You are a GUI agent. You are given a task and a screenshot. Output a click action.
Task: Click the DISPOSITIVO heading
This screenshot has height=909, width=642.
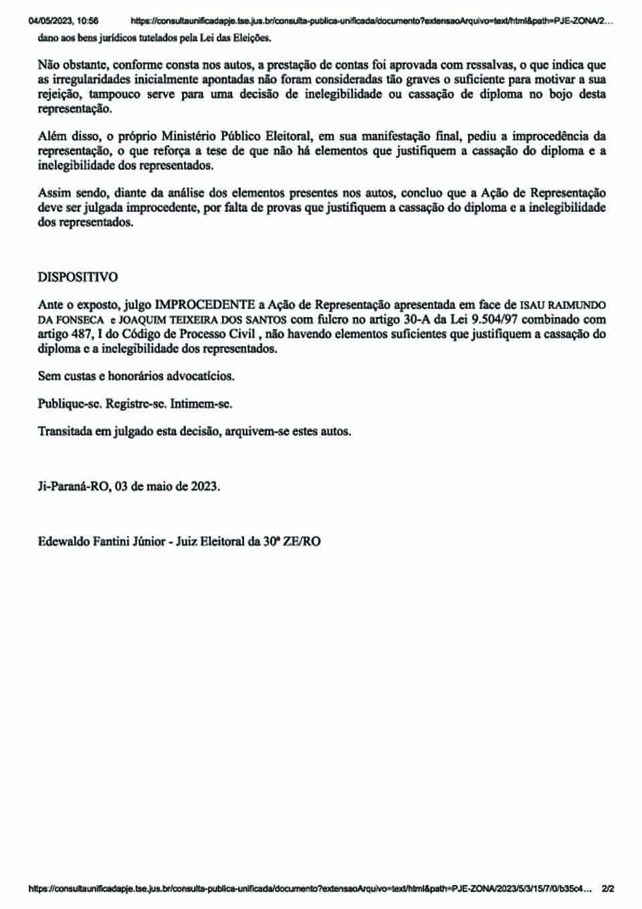coord(78,277)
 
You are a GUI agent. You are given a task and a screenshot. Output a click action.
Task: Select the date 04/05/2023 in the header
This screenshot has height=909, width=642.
coord(50,21)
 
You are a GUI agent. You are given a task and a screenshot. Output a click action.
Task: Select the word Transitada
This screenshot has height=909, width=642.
coord(65,431)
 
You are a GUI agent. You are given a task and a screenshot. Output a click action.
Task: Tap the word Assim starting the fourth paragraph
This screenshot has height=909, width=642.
coord(54,193)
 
